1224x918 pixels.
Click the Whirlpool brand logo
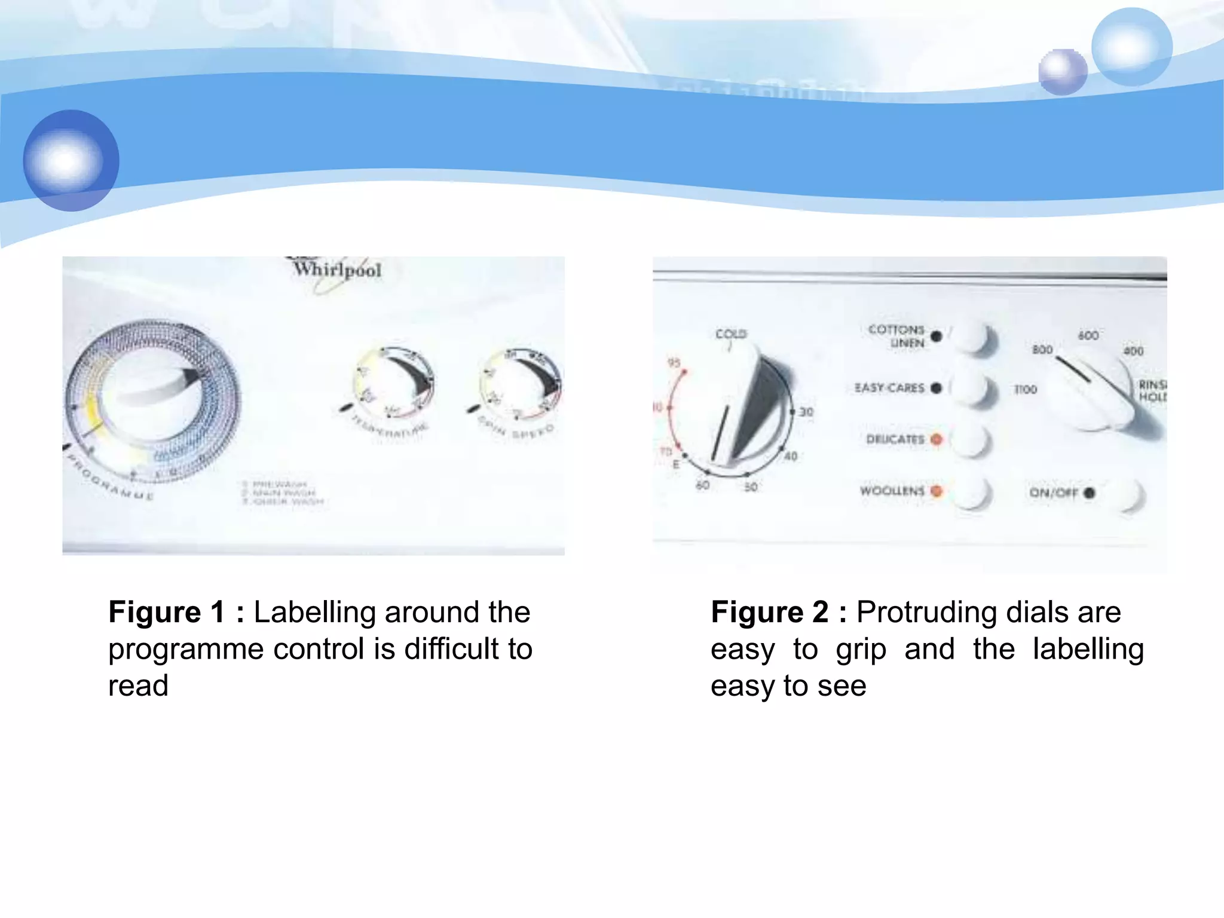tap(336, 270)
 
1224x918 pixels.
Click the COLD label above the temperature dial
tap(731, 333)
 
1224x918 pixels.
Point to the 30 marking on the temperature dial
tap(806, 412)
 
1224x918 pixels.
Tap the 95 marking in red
tap(674, 363)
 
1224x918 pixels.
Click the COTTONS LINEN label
tap(896, 336)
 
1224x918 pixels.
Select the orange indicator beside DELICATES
tap(936, 439)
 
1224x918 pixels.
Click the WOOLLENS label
tap(892, 491)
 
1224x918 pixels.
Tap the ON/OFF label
tap(1053, 492)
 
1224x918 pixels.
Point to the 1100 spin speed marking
tap(1026, 390)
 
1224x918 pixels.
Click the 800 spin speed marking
tap(1042, 350)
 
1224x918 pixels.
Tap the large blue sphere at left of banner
tap(71, 160)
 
